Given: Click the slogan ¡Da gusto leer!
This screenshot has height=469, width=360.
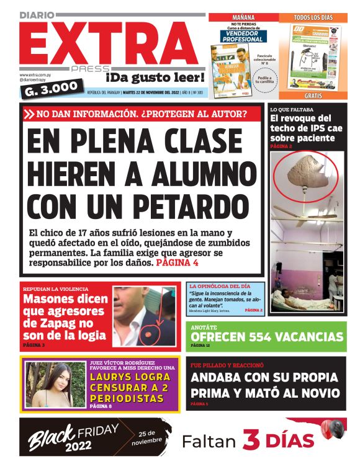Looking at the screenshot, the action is click(x=146, y=78).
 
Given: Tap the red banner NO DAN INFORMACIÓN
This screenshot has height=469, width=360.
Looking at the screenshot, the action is click(x=143, y=114).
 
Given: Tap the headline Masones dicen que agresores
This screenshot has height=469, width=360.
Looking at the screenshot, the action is click(x=65, y=318).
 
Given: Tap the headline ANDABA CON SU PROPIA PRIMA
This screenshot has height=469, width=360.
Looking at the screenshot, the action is click(x=265, y=385).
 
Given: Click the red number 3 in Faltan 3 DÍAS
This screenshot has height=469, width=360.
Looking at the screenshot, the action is click(x=250, y=440).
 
